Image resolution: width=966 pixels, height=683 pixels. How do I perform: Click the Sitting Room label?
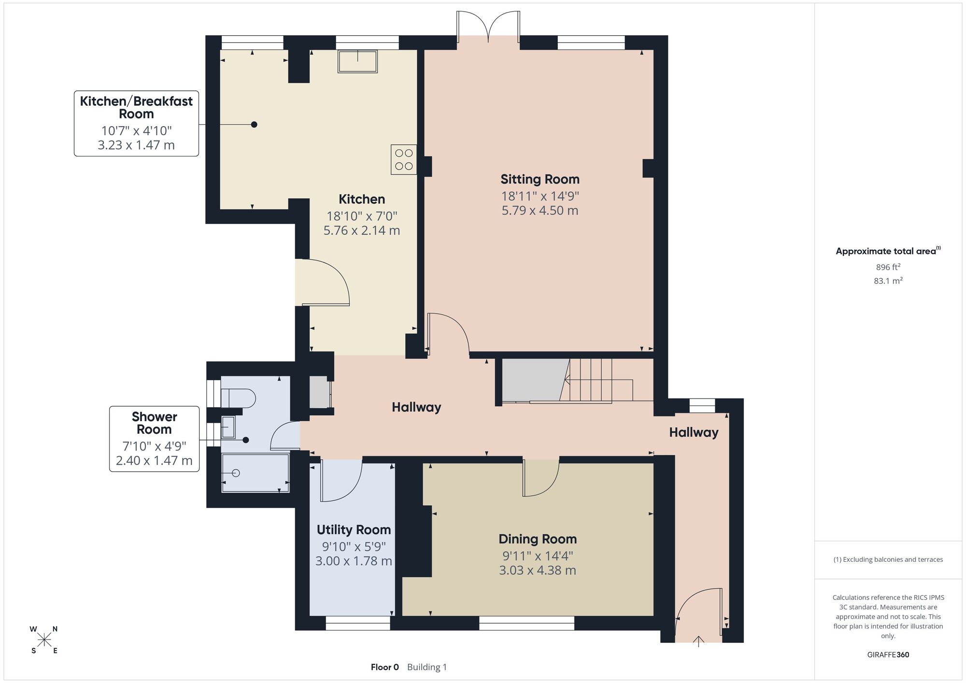[x=540, y=179]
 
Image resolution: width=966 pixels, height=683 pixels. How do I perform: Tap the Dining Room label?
[x=538, y=539]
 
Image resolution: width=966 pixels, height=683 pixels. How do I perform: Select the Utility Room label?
[x=354, y=530]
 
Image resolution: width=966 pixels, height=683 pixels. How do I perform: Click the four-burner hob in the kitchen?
[x=404, y=159]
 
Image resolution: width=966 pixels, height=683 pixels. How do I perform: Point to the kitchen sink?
[x=357, y=61]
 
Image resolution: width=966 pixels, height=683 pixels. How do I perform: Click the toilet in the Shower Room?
[x=238, y=398]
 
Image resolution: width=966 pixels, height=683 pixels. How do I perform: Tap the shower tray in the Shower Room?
[x=255, y=473]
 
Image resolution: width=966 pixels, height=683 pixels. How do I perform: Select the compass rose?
[x=44, y=640]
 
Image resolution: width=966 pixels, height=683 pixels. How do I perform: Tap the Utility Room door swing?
[x=341, y=481]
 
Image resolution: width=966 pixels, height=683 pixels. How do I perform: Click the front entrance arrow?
[x=698, y=641]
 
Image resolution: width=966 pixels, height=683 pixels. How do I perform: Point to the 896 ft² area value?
[x=888, y=267]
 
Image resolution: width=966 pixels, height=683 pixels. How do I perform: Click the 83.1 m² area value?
[x=888, y=280]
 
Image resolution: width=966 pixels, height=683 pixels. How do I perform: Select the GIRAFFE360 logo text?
[x=888, y=655]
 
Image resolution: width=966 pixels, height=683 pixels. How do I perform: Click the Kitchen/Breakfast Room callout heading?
[x=136, y=107]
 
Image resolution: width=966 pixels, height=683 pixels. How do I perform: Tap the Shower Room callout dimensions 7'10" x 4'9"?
[x=154, y=446]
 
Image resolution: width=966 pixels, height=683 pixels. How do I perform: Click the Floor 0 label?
[x=385, y=667]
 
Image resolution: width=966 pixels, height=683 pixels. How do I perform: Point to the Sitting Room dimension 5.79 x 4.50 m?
[x=540, y=211]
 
